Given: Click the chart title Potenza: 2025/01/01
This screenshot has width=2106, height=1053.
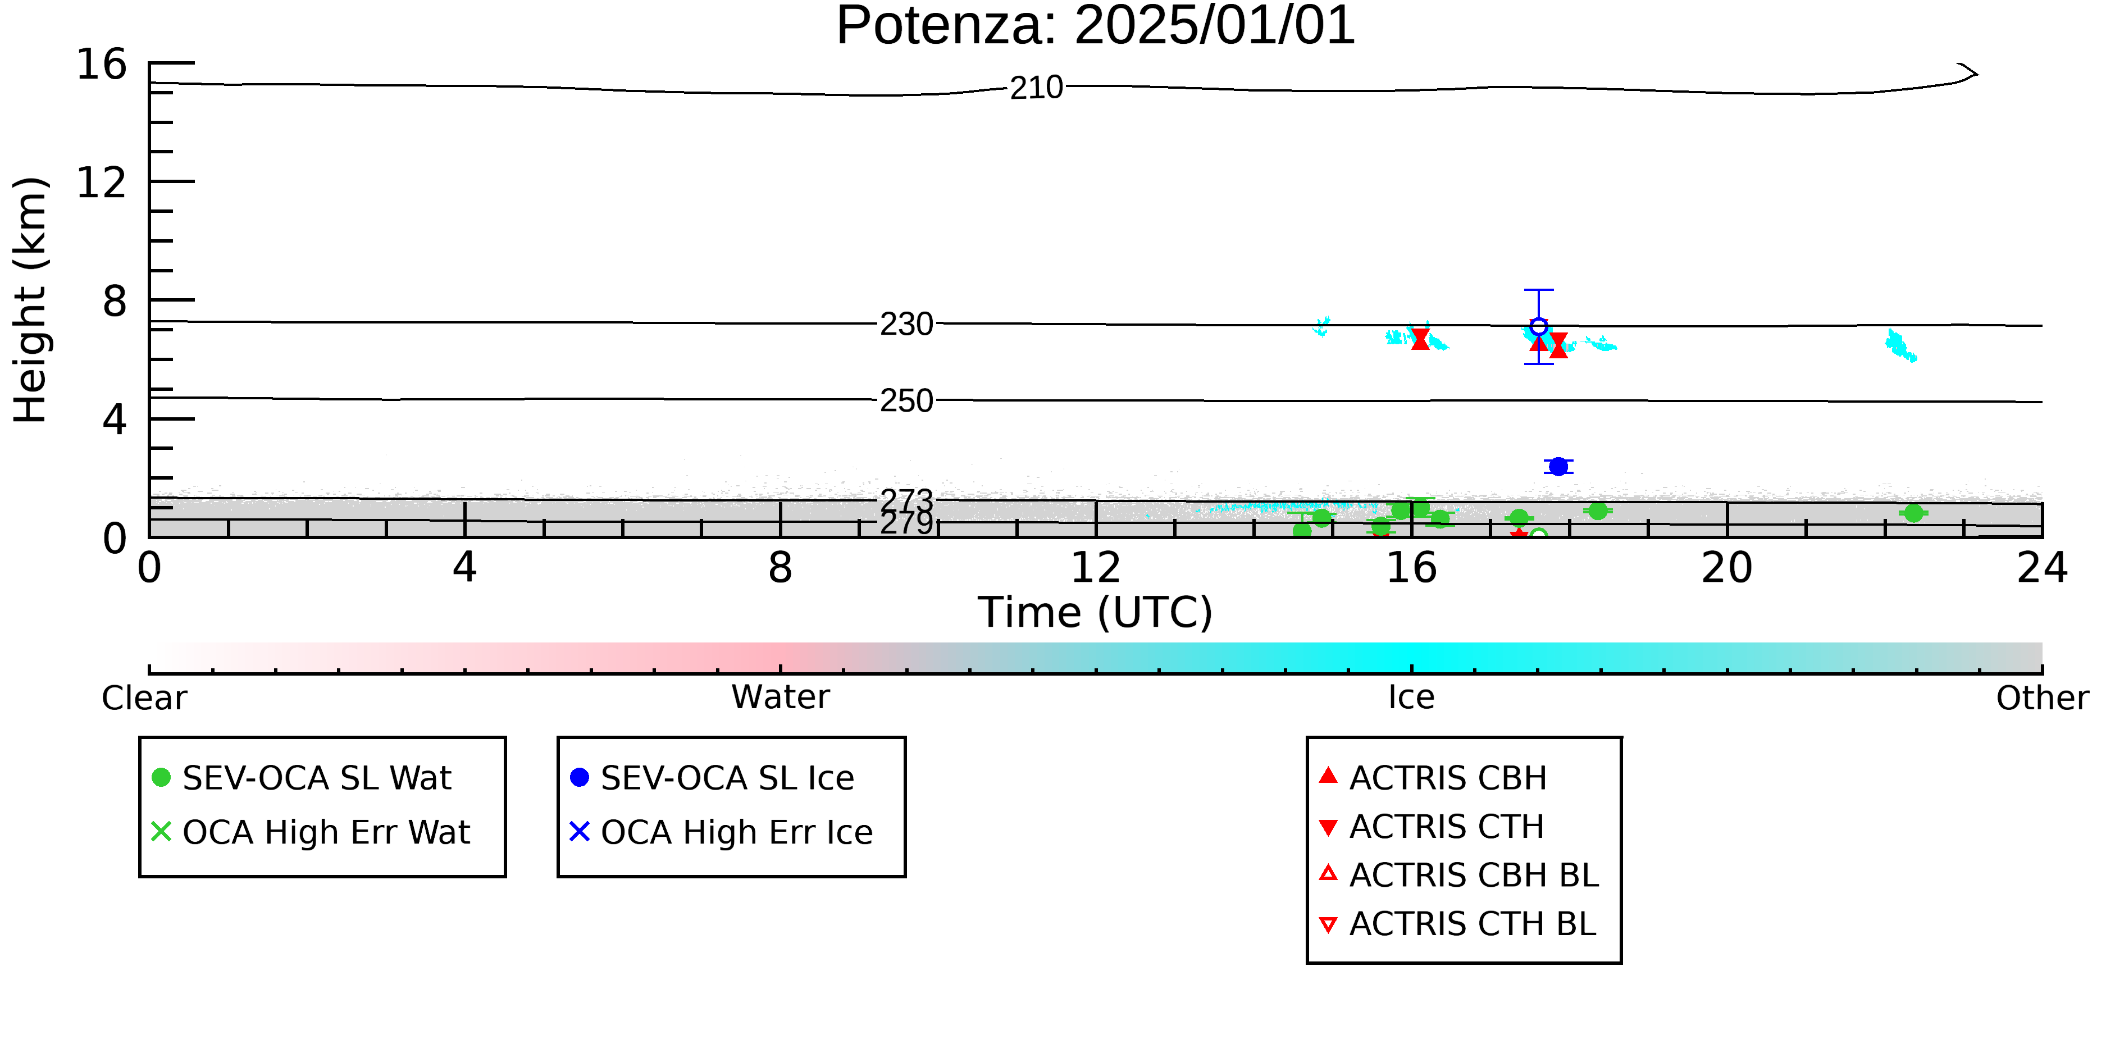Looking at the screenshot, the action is pyautogui.click(x=1096, y=26).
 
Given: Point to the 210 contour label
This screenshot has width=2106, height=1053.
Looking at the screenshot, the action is pyautogui.click(x=1036, y=88).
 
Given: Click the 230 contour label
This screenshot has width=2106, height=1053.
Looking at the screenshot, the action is pyautogui.click(x=906, y=325).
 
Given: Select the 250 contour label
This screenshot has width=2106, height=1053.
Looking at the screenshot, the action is pyautogui.click(x=906, y=400).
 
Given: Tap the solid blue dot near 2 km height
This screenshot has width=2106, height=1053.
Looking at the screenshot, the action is pyautogui.click(x=1558, y=466).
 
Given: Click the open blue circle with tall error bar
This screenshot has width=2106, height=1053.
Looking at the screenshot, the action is pyautogui.click(x=1539, y=327).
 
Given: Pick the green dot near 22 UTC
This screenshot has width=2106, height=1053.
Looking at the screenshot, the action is pyautogui.click(x=1913, y=513).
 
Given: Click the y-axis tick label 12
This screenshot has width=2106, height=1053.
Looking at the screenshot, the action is pyautogui.click(x=102, y=183).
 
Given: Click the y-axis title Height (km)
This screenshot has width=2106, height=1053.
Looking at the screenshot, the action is pyautogui.click(x=31, y=300).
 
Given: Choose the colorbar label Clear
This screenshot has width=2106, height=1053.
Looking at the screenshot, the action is pyautogui.click(x=144, y=698).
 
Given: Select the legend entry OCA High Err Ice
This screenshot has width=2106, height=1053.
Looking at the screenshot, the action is pyautogui.click(x=721, y=832).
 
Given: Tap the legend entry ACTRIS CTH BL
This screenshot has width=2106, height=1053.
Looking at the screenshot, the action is pyautogui.click(x=1458, y=924).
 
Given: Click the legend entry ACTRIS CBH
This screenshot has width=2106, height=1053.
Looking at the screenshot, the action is pyautogui.click(x=1433, y=777).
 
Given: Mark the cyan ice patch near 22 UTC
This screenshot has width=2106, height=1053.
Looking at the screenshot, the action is pyautogui.click(x=1899, y=345).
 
